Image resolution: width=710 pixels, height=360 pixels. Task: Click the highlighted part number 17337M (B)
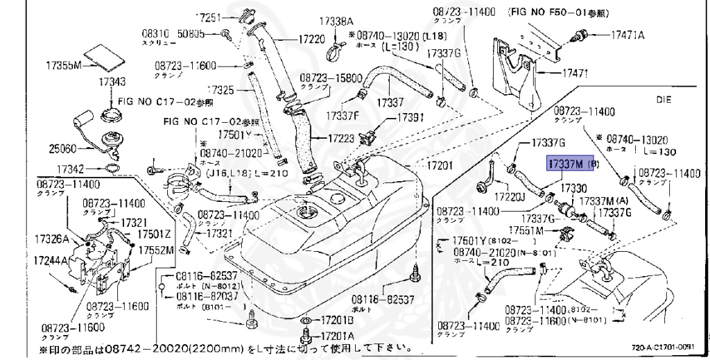(x=573, y=164)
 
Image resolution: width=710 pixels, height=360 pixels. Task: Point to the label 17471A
(x=627, y=34)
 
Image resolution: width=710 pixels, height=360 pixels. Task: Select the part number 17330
(x=573, y=188)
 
